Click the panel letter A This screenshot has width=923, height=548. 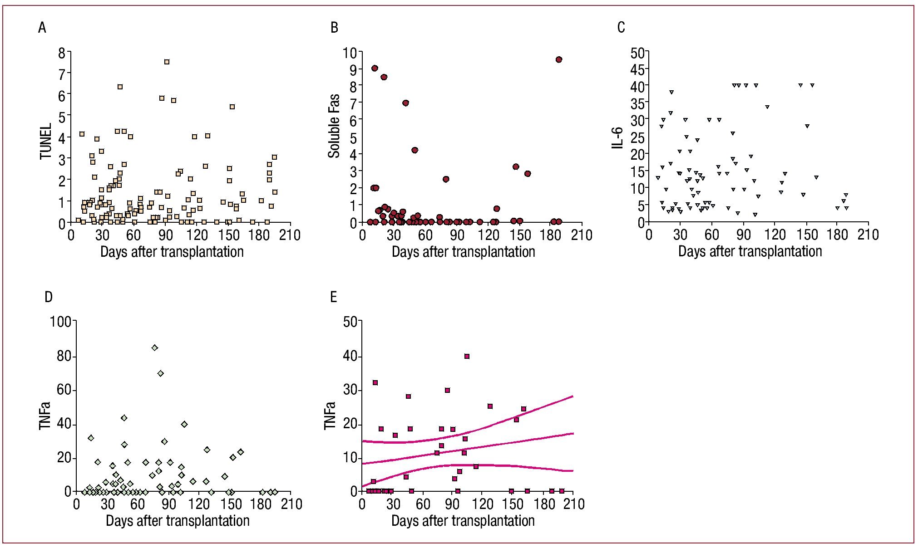[x=42, y=28]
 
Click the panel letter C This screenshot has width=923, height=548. [x=621, y=28]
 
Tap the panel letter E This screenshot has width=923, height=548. [x=334, y=297]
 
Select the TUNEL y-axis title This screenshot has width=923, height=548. [x=46, y=142]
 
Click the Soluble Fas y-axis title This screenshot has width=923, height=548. [x=334, y=126]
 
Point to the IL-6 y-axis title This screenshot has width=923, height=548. [x=618, y=138]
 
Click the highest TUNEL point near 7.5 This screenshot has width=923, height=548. [x=167, y=62]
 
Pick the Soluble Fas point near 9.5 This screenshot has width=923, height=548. [x=558, y=59]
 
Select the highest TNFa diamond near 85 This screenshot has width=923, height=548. [x=155, y=348]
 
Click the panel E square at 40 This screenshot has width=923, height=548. [x=467, y=357]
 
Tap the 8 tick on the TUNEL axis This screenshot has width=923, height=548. [x=62, y=53]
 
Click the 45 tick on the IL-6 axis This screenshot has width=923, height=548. [x=637, y=70]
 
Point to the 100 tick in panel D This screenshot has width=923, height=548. [x=61, y=322]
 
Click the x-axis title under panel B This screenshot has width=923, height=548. [x=463, y=252]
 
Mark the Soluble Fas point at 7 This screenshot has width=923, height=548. [x=405, y=103]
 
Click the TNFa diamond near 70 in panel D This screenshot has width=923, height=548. [x=160, y=373]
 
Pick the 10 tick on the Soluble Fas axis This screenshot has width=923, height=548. [x=350, y=53]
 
